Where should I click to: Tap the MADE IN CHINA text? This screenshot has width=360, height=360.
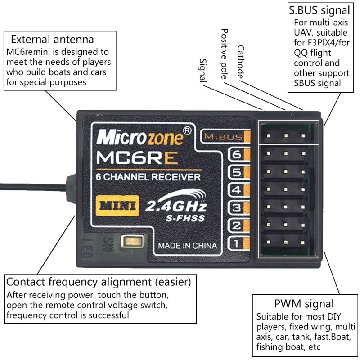click(x=187, y=246)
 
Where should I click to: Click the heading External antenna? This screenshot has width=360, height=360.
click(x=52, y=39)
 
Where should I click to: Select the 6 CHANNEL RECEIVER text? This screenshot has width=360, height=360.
click(x=148, y=177)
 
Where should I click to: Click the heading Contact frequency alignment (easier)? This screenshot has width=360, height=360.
click(x=99, y=283)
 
